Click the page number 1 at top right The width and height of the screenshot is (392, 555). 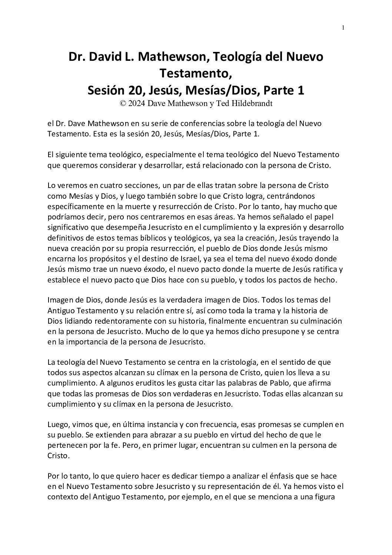pos(343,27)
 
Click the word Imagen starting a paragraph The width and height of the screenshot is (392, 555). pos(59,299)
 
